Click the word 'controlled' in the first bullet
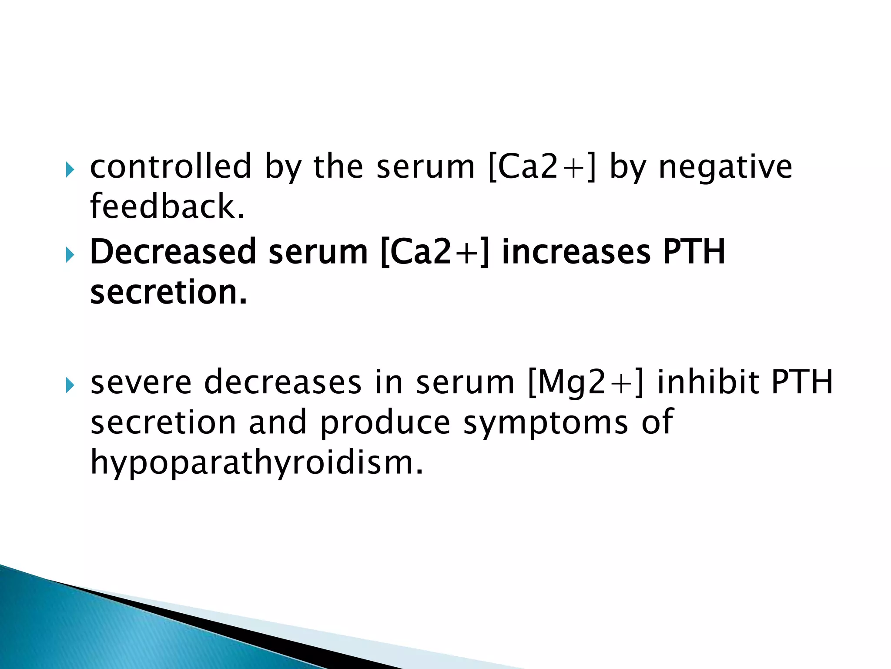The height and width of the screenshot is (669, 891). (x=171, y=167)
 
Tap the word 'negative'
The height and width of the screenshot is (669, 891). (x=725, y=167)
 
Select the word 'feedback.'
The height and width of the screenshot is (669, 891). (x=167, y=206)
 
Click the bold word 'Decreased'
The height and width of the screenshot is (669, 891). (x=173, y=252)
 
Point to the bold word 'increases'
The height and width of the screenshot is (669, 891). (x=576, y=252)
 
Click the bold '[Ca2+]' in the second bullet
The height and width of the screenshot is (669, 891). (x=435, y=252)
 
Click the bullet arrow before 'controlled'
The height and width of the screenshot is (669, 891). (x=70, y=169)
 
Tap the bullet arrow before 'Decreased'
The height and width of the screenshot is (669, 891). (x=70, y=254)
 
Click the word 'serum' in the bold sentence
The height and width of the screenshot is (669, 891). (x=318, y=252)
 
